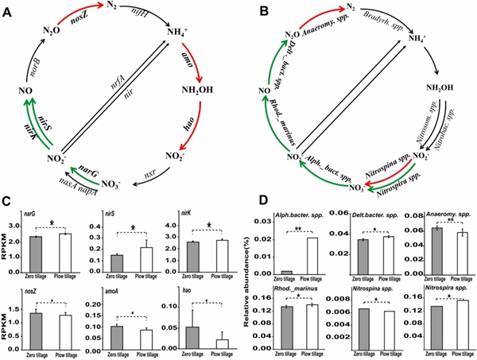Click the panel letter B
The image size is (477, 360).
click(249, 13)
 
